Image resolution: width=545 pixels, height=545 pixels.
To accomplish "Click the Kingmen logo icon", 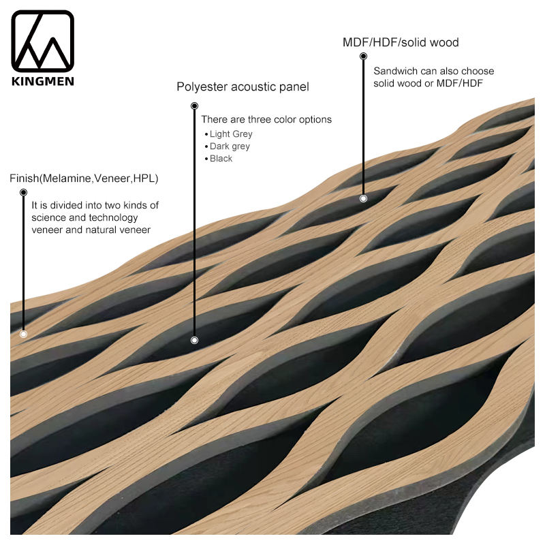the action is tap(42, 42).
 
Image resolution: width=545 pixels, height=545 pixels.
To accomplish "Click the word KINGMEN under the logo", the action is tap(42, 81).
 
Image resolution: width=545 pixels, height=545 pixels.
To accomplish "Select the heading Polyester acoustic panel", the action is tap(243, 87).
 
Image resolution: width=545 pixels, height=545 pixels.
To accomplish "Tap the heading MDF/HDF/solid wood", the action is tap(400, 42).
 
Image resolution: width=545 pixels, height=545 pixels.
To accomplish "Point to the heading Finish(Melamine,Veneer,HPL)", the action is tap(84, 178).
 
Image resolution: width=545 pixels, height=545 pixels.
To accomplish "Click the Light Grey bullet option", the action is tap(231, 134).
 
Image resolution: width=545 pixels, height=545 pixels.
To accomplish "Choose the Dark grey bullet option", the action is tap(230, 146).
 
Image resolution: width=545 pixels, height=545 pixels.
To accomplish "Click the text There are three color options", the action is tap(266, 120).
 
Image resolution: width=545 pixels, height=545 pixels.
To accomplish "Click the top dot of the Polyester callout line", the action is tap(194, 106).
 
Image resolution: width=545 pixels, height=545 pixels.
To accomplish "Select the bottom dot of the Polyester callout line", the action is tap(194, 339).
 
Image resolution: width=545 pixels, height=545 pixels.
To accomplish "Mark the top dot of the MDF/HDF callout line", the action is tap(363, 57).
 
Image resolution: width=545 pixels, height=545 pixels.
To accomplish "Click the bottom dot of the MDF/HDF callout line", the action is tap(363, 198).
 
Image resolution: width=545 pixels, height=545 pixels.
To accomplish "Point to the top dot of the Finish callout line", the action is tap(23, 193).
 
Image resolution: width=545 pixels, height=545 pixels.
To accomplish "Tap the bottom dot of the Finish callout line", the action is tap(23, 334).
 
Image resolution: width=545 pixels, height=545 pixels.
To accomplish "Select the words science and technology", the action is tap(85, 218).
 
